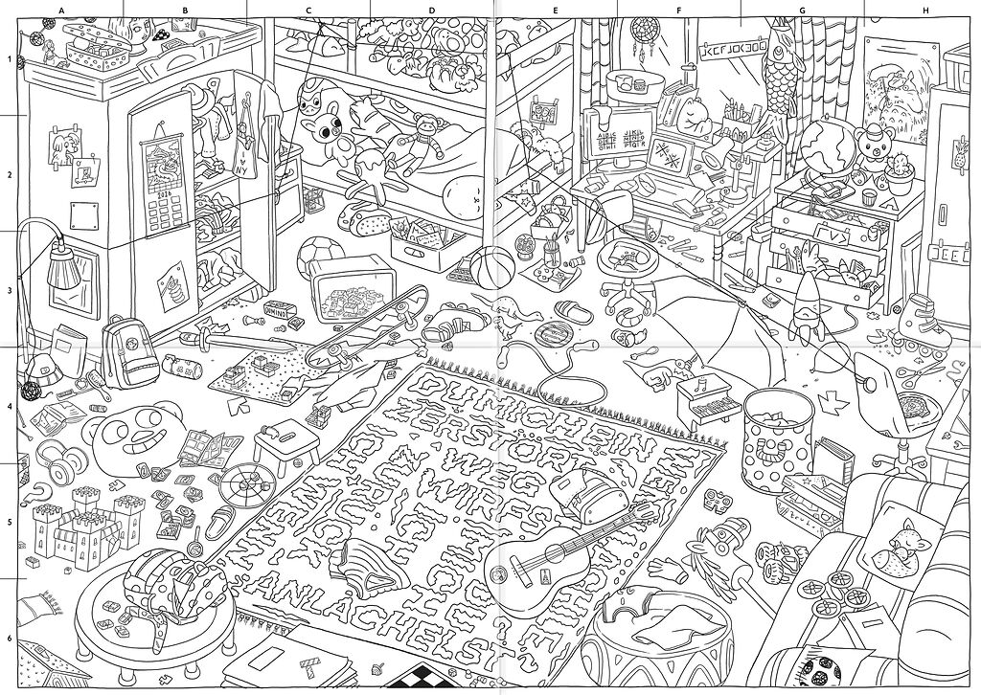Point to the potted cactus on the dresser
pyautogui.click(x=899, y=169)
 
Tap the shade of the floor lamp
pyautogui.click(x=63, y=269)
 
